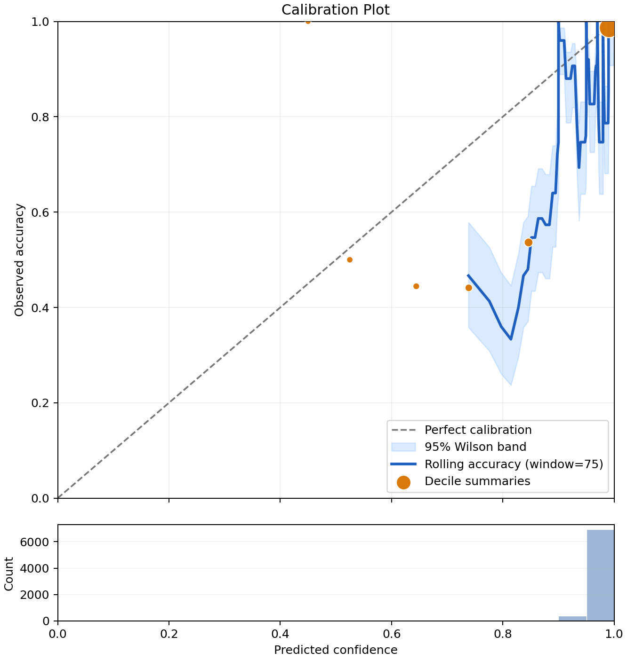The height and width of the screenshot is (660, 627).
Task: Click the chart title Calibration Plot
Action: [x=335, y=10]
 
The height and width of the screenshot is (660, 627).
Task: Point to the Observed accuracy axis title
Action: [x=19, y=260]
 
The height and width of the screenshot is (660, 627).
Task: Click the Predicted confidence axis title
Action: [x=336, y=650]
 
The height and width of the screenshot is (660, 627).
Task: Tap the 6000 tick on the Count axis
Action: [x=35, y=542]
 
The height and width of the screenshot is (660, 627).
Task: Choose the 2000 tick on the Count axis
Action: [x=35, y=595]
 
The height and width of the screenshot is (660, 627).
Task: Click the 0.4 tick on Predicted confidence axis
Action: [x=280, y=633]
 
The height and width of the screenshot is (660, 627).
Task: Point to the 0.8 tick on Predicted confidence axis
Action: [x=503, y=633]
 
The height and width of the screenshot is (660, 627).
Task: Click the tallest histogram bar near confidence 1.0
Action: [x=600, y=575]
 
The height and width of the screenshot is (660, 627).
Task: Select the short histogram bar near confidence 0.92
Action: [x=572, y=618]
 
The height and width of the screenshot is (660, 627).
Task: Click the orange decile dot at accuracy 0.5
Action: [x=350, y=260]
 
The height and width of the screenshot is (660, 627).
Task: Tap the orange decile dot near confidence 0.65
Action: [x=416, y=286]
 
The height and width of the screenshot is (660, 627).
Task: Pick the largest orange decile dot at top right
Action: [x=608, y=28]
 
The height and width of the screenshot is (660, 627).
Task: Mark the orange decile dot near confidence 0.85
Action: [x=529, y=243]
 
